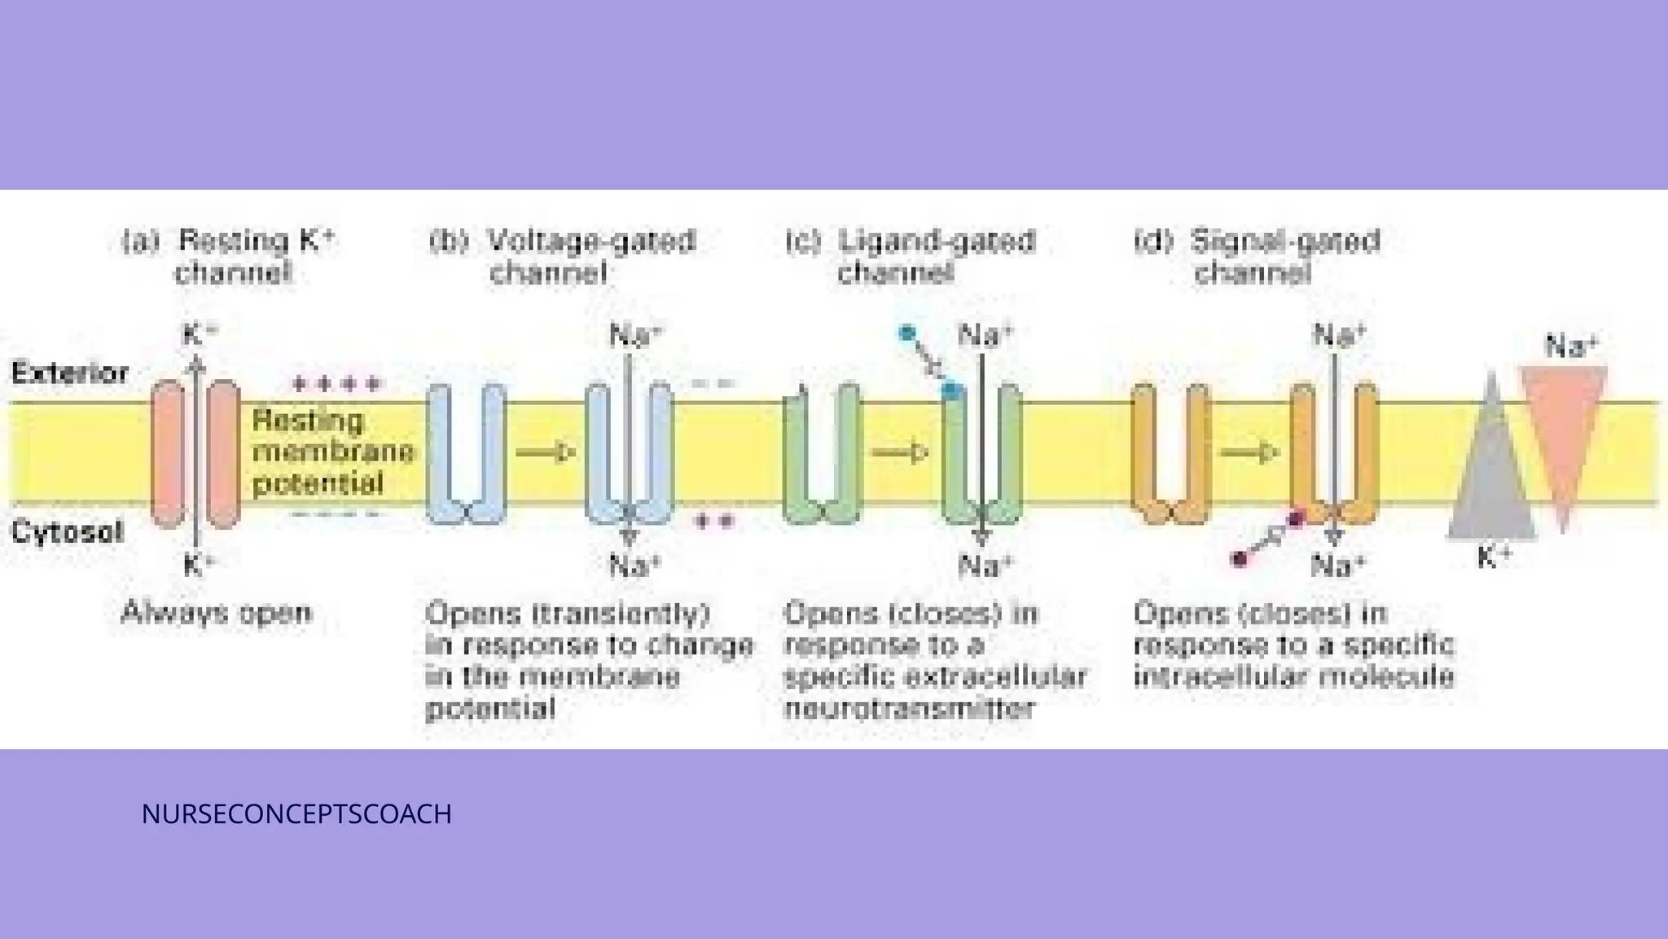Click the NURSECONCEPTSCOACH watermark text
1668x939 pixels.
coord(296,814)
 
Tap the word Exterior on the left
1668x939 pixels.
coord(70,373)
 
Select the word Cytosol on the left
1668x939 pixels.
coord(67,532)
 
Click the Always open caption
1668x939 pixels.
coord(216,612)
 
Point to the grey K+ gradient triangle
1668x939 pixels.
coord(1491,481)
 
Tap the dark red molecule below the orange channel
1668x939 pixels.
coord(1240,559)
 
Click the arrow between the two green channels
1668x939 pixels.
coord(900,452)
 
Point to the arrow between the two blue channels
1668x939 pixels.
coord(546,452)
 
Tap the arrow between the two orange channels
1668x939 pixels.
coord(1249,452)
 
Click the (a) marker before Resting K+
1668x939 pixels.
coord(139,242)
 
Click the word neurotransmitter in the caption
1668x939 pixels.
coord(909,708)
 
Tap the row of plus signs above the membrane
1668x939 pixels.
coord(336,383)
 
